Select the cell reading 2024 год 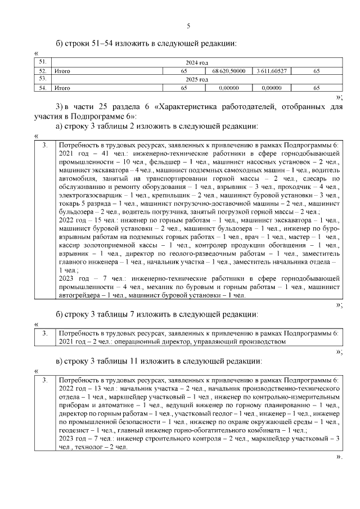pyautogui.click(x=197, y=63)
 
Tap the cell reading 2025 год pyautogui.click(x=197, y=80)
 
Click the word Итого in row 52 pyautogui.click(x=62, y=71)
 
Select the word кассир pyautogui.click(x=69, y=246)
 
